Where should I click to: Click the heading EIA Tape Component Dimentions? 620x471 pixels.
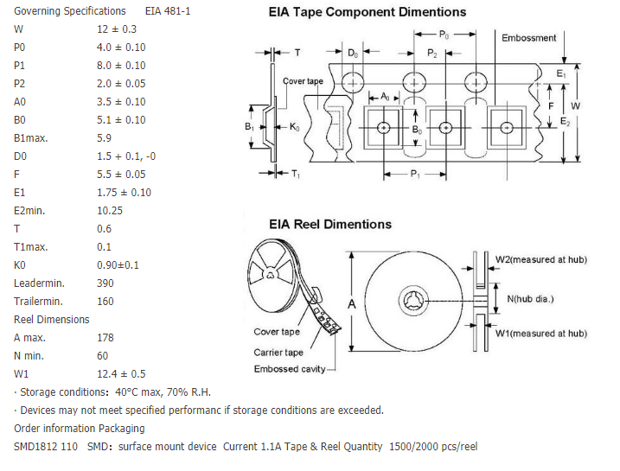pyautogui.click(x=368, y=12)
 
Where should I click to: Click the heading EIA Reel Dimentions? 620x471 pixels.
pyautogui.click(x=330, y=224)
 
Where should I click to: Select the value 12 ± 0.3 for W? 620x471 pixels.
pyautogui.click(x=116, y=29)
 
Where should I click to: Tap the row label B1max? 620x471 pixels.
pyautogui.click(x=31, y=137)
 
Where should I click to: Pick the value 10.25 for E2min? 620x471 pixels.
pyautogui.click(x=111, y=210)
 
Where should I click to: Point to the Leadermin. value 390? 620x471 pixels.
pyautogui.click(x=105, y=283)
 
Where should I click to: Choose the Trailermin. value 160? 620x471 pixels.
pyautogui.click(x=105, y=301)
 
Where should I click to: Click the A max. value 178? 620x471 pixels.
pyautogui.click(x=105, y=337)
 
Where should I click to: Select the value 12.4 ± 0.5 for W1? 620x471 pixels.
pyautogui.click(x=121, y=373)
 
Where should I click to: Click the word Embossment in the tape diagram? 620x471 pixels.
pyautogui.click(x=529, y=38)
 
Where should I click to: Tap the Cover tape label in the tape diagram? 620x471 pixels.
pyautogui.click(x=303, y=81)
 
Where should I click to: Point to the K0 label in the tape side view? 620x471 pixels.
pyautogui.click(x=295, y=128)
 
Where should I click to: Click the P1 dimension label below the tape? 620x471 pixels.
pyautogui.click(x=415, y=174)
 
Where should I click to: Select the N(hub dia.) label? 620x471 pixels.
pyautogui.click(x=530, y=299)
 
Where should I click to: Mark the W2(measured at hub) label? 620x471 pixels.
pyautogui.click(x=540, y=259)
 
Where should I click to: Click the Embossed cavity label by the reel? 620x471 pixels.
pyautogui.click(x=290, y=369)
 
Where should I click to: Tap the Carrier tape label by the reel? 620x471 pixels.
pyautogui.click(x=278, y=352)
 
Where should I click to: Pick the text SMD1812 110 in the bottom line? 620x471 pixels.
pyautogui.click(x=46, y=446)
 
